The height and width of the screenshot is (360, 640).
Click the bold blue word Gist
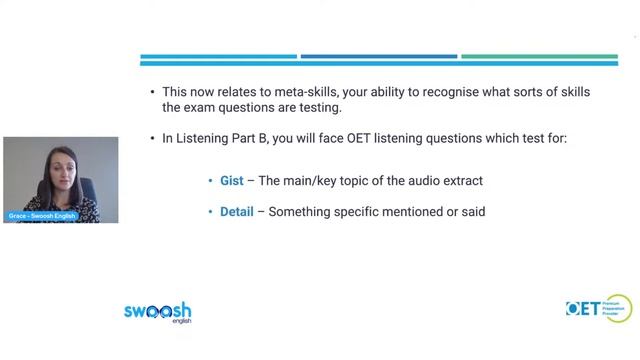231,181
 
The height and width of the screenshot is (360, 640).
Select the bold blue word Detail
236,212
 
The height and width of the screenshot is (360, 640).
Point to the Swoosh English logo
157,312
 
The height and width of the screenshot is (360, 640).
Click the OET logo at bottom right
597,309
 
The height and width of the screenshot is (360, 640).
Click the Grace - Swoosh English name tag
41,216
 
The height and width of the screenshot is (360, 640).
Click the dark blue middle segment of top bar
379,57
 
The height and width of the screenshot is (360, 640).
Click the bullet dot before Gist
211,182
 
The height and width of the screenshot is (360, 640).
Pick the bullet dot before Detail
211,213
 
